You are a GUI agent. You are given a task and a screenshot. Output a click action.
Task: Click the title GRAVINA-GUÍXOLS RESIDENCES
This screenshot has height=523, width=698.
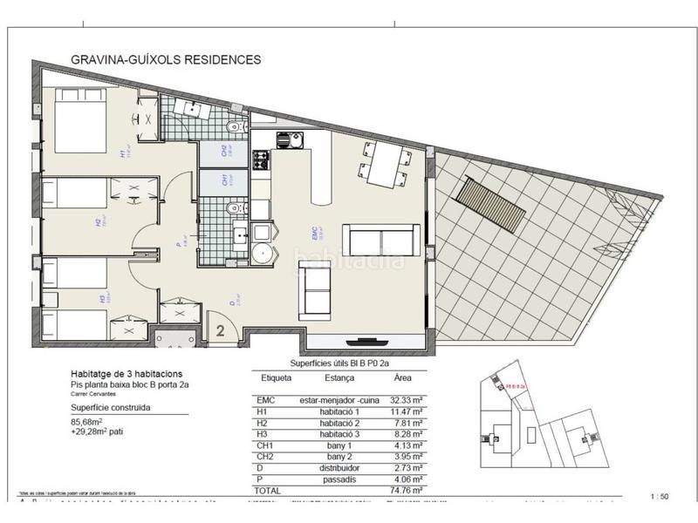(x=165, y=60)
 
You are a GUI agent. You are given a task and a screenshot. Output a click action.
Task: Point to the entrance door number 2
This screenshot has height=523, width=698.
(x=221, y=330)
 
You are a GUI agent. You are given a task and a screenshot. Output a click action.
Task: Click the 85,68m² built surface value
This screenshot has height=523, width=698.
(x=89, y=419)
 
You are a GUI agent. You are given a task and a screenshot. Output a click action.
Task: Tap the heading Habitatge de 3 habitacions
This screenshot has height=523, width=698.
(x=127, y=373)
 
